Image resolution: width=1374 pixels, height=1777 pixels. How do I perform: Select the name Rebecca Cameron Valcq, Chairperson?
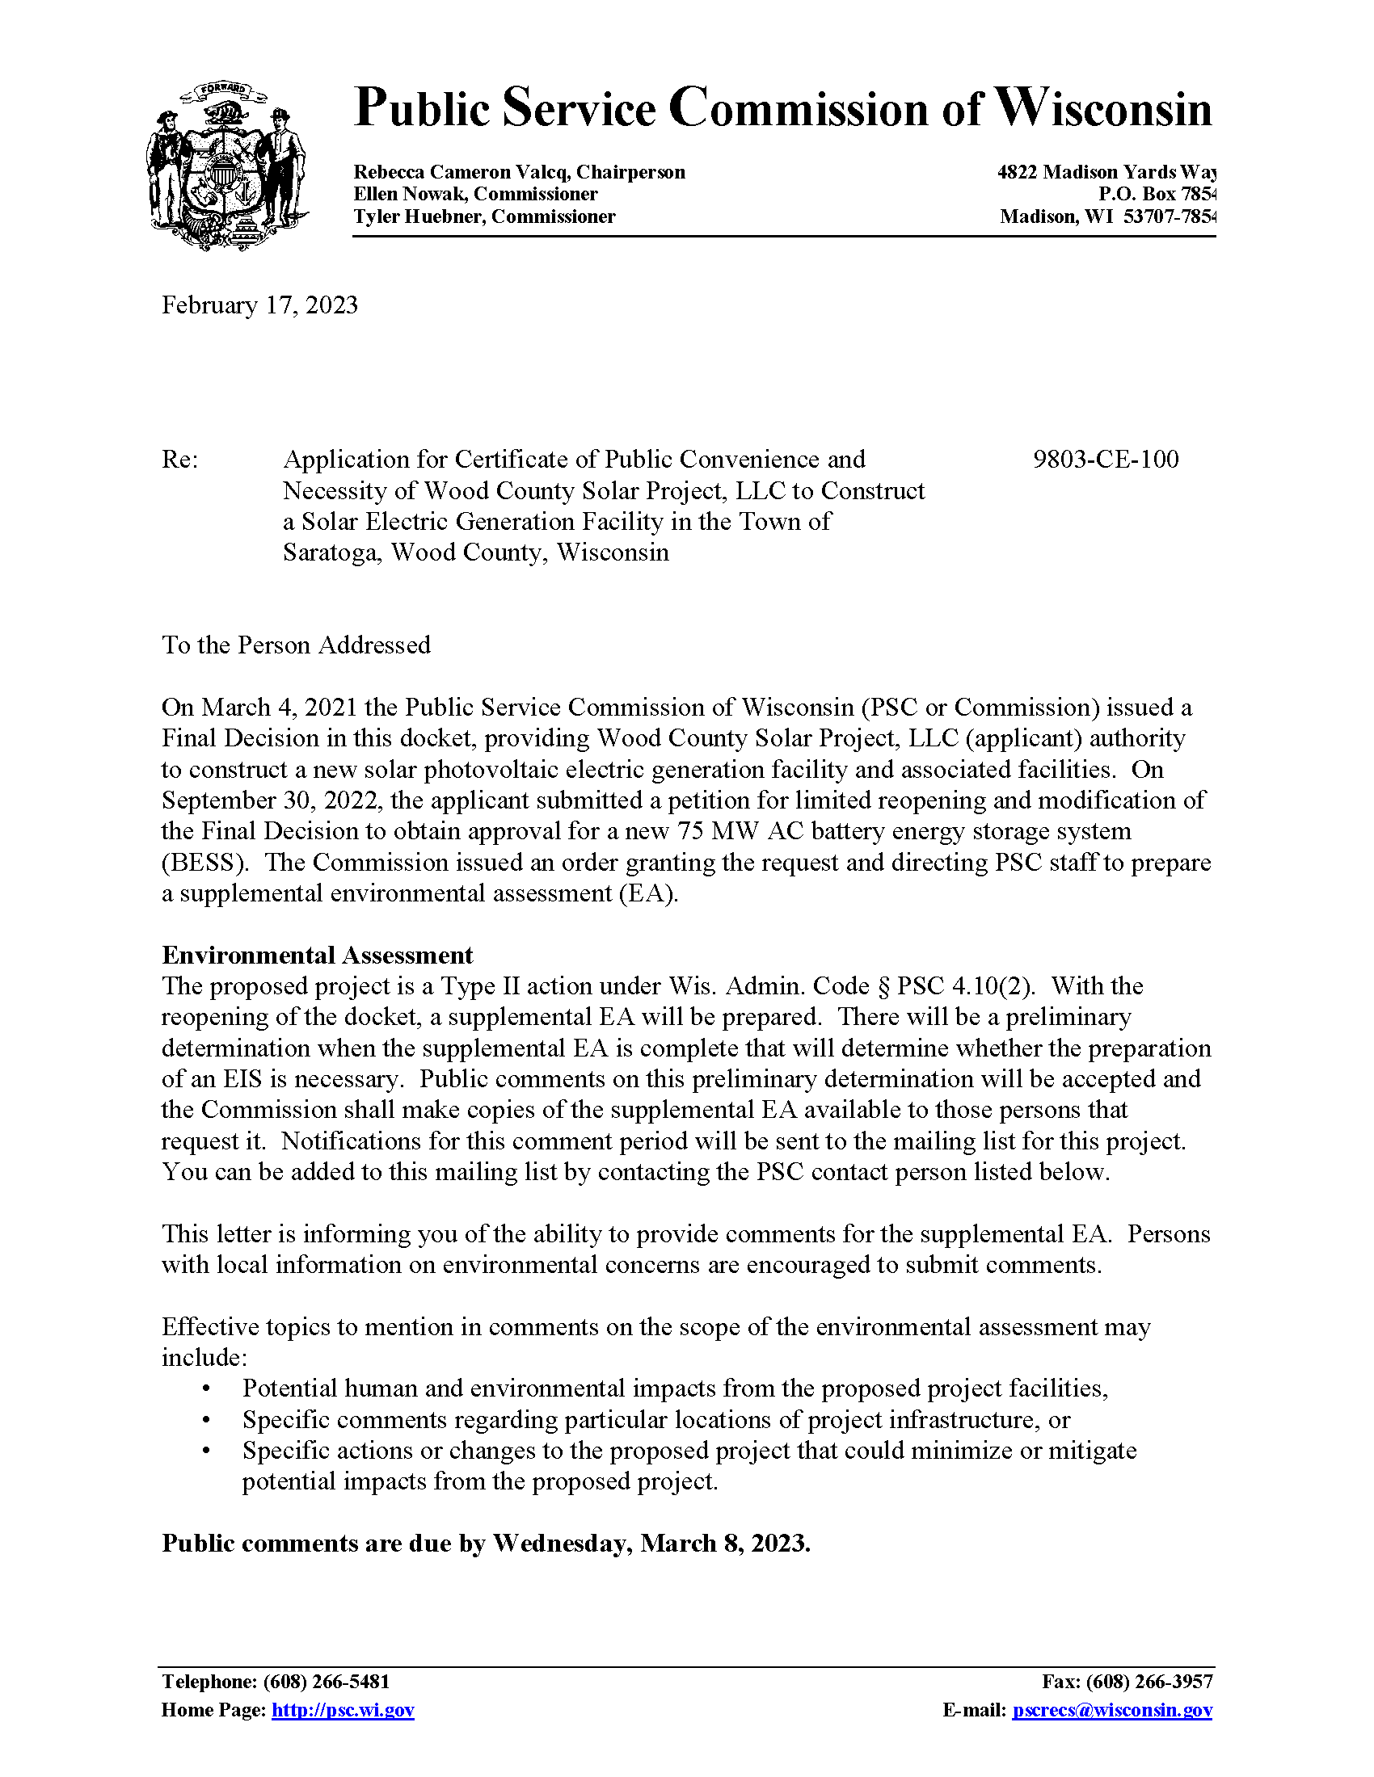click(519, 173)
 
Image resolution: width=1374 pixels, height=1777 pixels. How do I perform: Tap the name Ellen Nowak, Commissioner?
click(475, 195)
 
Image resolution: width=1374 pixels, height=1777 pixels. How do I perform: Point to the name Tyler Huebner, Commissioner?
click(484, 216)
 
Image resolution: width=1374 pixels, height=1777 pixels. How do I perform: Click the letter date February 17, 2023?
click(259, 305)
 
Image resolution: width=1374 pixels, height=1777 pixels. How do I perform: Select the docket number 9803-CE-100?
click(1106, 460)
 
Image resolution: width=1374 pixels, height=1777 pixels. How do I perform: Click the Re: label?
click(180, 460)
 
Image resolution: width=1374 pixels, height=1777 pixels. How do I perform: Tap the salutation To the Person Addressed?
click(296, 645)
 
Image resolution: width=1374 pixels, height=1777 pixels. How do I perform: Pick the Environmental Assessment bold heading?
click(317, 956)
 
